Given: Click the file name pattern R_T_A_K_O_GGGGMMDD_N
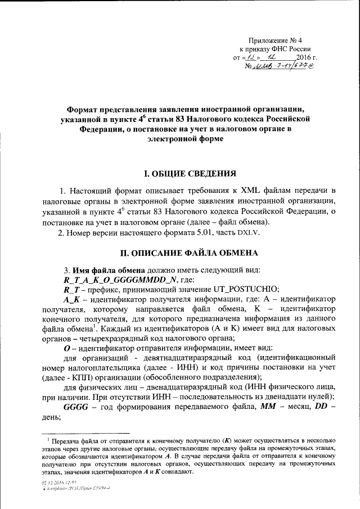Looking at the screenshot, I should [x=120, y=279].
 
